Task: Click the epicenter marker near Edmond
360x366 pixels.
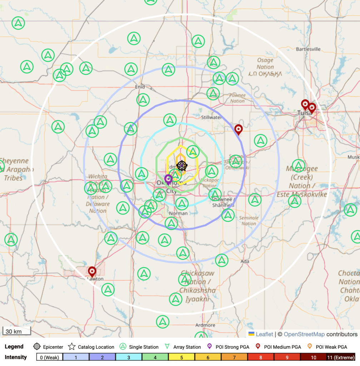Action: pyautogui.click(x=182, y=166)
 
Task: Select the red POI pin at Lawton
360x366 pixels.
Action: pyautogui.click(x=92, y=272)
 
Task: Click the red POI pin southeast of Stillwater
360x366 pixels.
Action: pyautogui.click(x=238, y=129)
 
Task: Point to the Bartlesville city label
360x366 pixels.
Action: pyautogui.click(x=308, y=49)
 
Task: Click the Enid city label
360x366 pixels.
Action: pyautogui.click(x=140, y=87)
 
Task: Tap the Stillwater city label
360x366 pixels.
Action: pyautogui.click(x=209, y=117)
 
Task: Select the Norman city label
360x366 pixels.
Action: pyautogui.click(x=178, y=213)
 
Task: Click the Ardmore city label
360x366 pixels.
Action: pyautogui.click(x=205, y=325)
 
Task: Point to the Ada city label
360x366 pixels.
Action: pyautogui.click(x=245, y=262)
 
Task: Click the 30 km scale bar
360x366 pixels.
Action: pyautogui.click(x=14, y=332)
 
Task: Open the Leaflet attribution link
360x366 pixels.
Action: pyautogui.click(x=264, y=335)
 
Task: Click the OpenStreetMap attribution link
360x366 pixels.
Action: pyautogui.click(x=304, y=335)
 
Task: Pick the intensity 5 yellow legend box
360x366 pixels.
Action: pyautogui.click(x=181, y=357)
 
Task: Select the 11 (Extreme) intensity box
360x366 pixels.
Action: pyautogui.click(x=340, y=357)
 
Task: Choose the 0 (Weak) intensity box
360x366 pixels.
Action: pyautogui.click(x=49, y=357)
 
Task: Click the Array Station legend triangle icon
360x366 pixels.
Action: pyautogui.click(x=167, y=347)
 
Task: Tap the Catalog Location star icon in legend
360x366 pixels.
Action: pyautogui.click(x=72, y=347)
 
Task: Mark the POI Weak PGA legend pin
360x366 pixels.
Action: pyautogui.click(x=310, y=347)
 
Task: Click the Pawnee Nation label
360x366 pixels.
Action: pyautogui.click(x=237, y=98)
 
